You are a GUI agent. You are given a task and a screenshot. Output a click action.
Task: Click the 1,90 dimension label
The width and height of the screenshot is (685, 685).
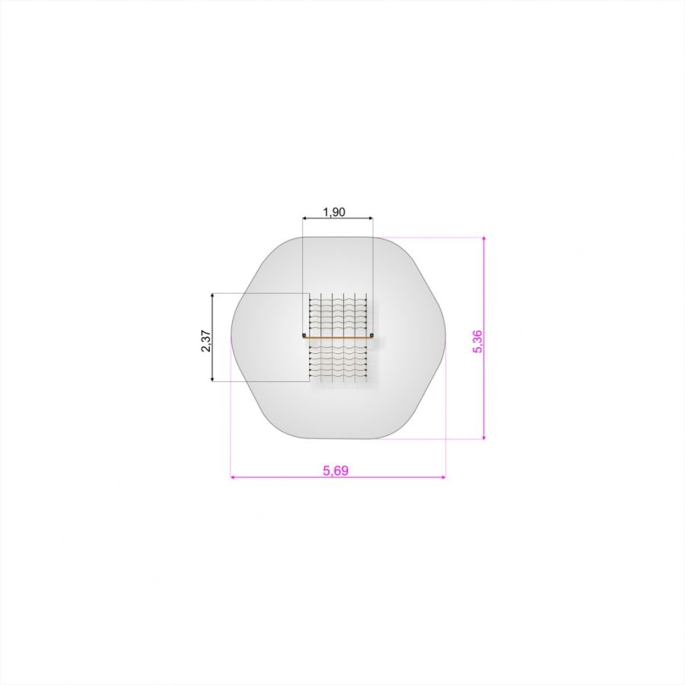(x=334, y=212)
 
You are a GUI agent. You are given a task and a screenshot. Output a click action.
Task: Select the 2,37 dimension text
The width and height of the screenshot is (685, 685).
(x=205, y=341)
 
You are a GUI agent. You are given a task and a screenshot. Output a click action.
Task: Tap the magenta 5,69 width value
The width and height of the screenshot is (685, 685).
(x=336, y=470)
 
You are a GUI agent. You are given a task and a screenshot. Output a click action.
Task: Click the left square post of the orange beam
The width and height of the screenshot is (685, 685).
(x=304, y=336)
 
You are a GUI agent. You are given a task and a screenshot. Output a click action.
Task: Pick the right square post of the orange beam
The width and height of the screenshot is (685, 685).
(x=371, y=336)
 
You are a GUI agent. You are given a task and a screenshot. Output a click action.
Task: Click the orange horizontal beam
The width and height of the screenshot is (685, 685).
(x=338, y=337)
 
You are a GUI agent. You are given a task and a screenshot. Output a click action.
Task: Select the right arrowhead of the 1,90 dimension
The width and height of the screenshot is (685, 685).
(x=371, y=218)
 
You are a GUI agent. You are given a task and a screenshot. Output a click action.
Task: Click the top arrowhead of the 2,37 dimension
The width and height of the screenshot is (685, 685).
(x=212, y=296)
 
